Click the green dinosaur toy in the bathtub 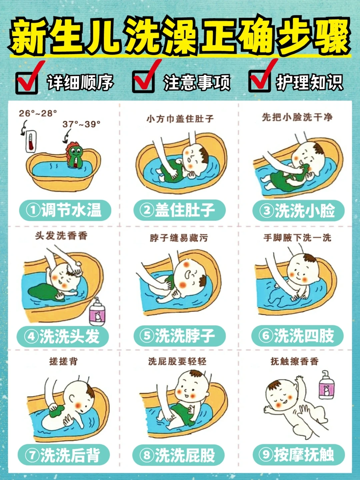point(75,155)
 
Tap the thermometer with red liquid point(31,142)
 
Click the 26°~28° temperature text point(38,113)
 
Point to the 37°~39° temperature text point(81,124)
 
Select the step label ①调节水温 point(65,210)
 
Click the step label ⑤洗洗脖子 point(180,336)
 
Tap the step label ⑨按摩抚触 point(298,455)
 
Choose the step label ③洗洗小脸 point(298,210)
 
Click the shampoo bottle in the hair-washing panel point(97,312)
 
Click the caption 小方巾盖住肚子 point(180,118)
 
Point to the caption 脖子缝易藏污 point(179,238)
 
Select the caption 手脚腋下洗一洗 point(297,237)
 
